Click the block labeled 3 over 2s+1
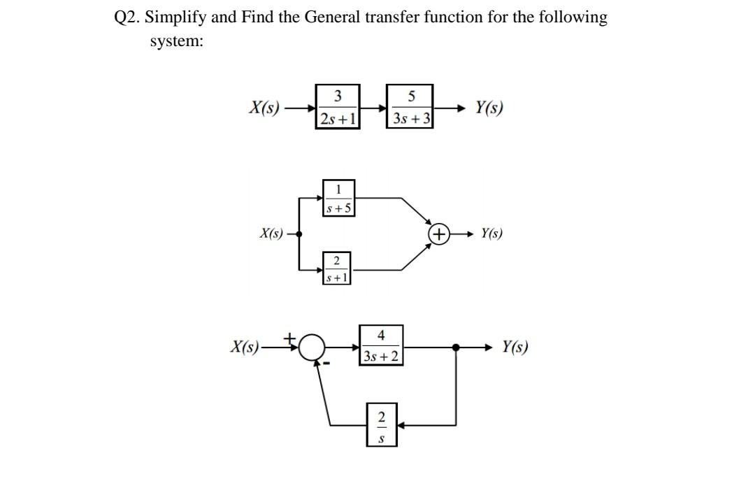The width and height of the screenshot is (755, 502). pyautogui.click(x=338, y=108)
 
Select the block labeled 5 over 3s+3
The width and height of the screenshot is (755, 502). pyautogui.click(x=411, y=108)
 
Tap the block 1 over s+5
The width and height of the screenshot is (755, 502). pyautogui.click(x=339, y=197)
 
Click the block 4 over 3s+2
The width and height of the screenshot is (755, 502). pyautogui.click(x=380, y=345)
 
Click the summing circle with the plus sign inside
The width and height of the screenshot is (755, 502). pyautogui.click(x=438, y=234)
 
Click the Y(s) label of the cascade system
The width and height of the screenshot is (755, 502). pyautogui.click(x=489, y=108)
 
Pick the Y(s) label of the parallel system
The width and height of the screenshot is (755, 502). pyautogui.click(x=491, y=234)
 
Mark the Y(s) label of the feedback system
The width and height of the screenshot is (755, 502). pyautogui.click(x=515, y=347)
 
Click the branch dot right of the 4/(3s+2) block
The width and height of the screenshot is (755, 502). pyautogui.click(x=456, y=347)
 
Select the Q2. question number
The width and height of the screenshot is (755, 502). pyautogui.click(x=127, y=17)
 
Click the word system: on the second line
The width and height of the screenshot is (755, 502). pyautogui.click(x=176, y=41)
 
